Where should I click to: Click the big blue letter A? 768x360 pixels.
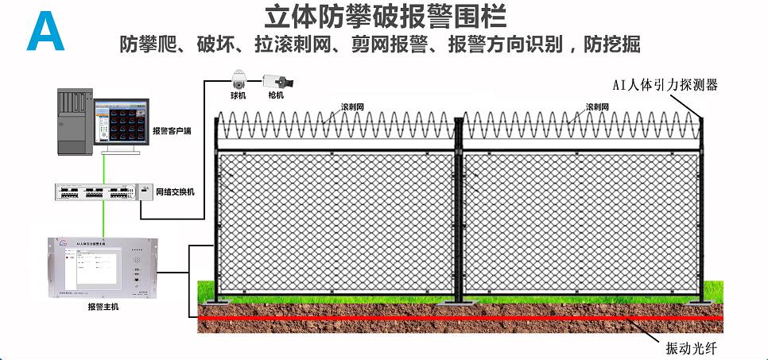[x=45, y=31]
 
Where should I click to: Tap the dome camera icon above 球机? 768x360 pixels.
[x=238, y=80]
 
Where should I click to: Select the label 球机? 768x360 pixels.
[x=238, y=96]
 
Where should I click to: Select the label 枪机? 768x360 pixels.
[x=276, y=96]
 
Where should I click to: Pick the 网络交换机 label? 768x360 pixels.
[x=175, y=192]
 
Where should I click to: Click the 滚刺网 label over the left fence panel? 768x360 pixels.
[x=352, y=106]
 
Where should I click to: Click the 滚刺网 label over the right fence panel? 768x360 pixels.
[x=598, y=106]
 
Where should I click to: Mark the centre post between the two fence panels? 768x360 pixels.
[x=459, y=211]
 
